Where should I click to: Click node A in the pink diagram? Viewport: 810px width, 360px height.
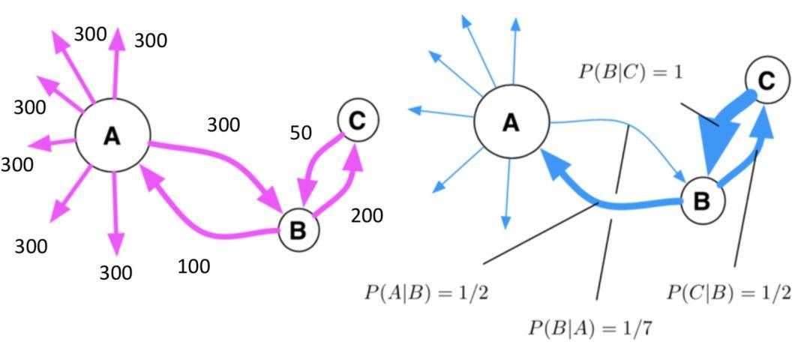point(112,136)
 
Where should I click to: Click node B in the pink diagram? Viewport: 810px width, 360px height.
point(298,230)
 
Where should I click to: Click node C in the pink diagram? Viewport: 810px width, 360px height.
point(358,120)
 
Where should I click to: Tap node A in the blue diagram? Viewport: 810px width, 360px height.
point(511,121)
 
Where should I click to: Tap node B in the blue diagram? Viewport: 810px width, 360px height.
point(702,201)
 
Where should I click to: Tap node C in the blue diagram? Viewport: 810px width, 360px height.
point(767,80)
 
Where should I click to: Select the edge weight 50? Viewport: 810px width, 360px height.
point(301,133)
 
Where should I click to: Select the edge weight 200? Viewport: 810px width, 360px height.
point(367,216)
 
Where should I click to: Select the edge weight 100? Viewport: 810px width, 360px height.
point(194,265)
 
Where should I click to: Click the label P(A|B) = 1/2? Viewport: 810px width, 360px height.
point(426,292)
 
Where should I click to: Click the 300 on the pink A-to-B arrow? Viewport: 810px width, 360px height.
point(223,124)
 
